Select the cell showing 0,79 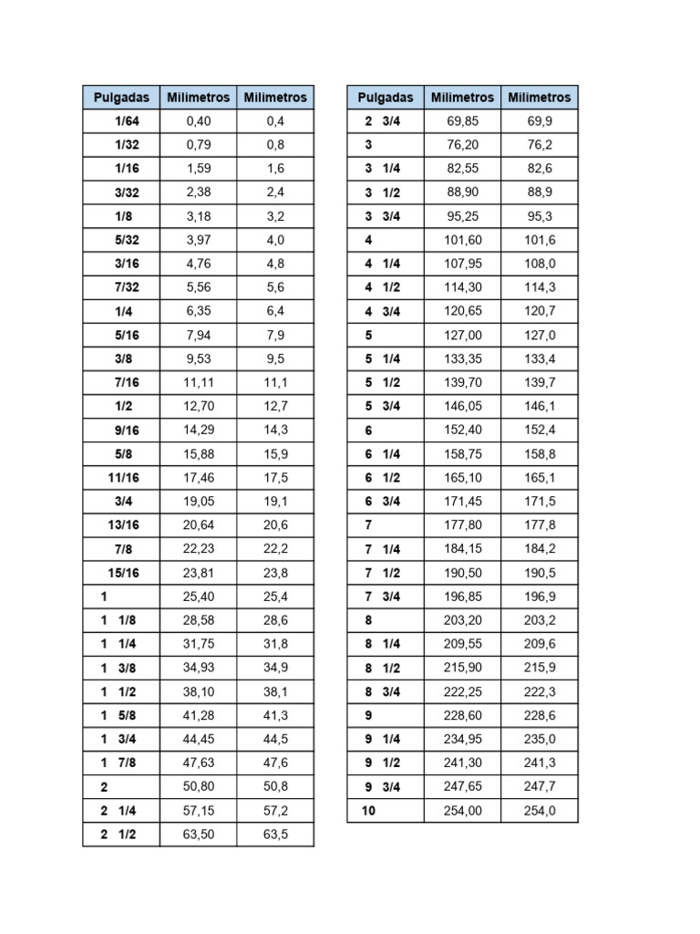click(198, 145)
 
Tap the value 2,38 click(198, 192)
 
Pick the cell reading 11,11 click(198, 382)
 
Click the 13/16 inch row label click(124, 524)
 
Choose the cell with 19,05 click(198, 501)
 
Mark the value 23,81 click(198, 572)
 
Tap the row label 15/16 click(124, 572)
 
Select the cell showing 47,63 click(198, 762)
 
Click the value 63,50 click(198, 833)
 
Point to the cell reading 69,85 click(462, 121)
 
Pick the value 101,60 click(462, 240)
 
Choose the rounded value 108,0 click(540, 264)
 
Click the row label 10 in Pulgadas click(368, 809)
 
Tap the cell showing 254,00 click(462, 809)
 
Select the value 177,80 click(462, 524)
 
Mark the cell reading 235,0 click(540, 738)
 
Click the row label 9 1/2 click(382, 762)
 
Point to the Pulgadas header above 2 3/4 click(385, 97)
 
